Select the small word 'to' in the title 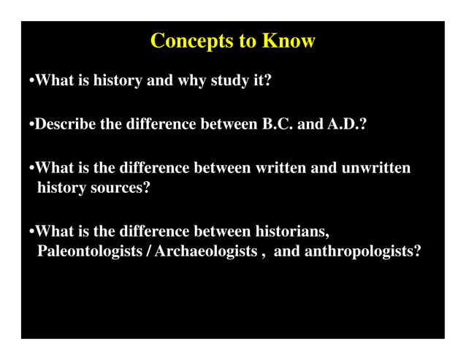tap(246, 42)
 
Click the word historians tap(291, 232)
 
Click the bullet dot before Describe tap(31, 125)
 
